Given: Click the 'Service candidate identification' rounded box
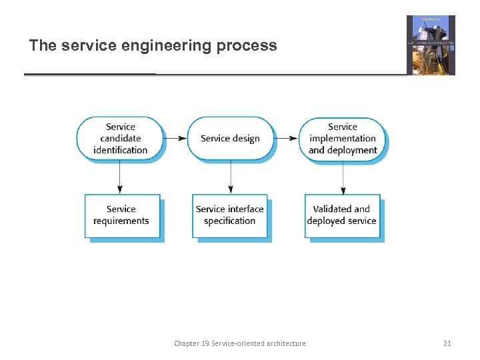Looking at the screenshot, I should coord(120,138).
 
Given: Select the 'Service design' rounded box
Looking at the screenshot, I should coord(230,138).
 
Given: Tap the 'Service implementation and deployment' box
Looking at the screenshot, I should coord(343,138).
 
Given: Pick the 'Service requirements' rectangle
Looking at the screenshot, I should coord(122,215).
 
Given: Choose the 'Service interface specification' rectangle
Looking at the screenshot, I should coord(230,215).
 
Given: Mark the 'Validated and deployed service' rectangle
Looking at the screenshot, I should coord(342,215).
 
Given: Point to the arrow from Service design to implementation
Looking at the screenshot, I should coord(287,138).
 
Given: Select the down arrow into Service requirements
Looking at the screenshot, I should coord(120,177).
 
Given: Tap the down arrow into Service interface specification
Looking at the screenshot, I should coord(231,177).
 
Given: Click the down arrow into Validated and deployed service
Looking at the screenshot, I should coord(343,177).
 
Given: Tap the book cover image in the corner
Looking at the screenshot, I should coord(431,45).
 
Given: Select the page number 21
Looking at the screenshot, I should coord(447,343).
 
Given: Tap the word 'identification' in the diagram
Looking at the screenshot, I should coord(121,150).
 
